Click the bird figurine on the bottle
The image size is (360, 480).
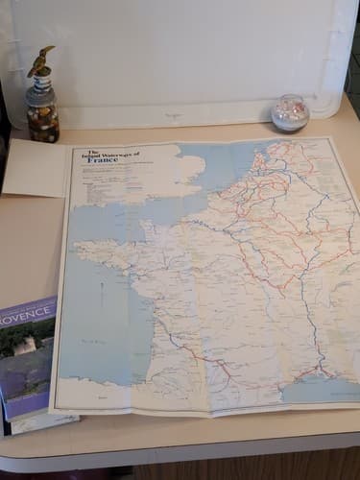[39, 61]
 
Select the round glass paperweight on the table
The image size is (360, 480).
[290, 113]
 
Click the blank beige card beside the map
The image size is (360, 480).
[36, 167]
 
